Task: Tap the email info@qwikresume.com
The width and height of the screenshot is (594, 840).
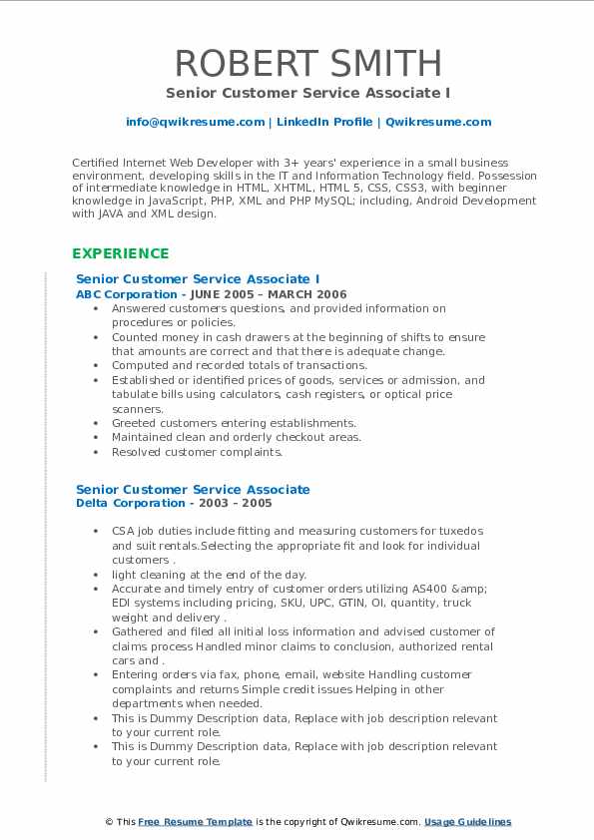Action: coord(195,122)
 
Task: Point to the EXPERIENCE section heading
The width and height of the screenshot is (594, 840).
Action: coord(120,253)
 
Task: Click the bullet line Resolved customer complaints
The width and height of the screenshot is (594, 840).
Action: coord(197,452)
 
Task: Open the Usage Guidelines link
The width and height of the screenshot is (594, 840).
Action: coord(467,822)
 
